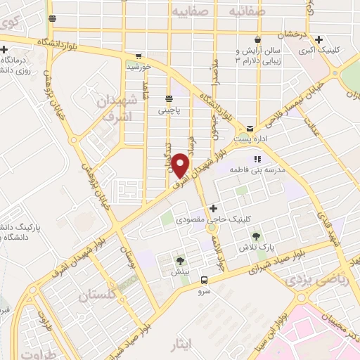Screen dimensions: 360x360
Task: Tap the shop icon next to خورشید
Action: point(139,56)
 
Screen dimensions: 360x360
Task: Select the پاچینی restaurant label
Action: point(169,110)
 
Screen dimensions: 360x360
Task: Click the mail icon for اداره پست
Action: point(250,127)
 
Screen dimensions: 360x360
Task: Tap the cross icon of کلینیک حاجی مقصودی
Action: point(213,209)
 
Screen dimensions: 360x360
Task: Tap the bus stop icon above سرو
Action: point(203,279)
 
